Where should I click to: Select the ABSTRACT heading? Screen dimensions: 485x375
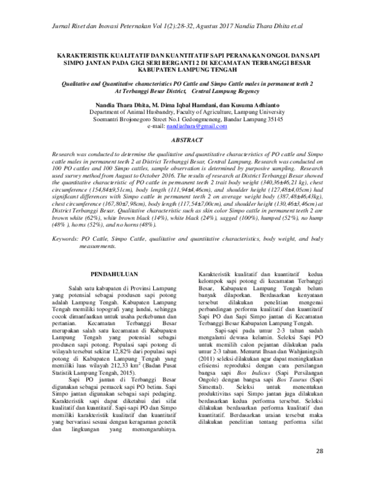click(188, 141)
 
